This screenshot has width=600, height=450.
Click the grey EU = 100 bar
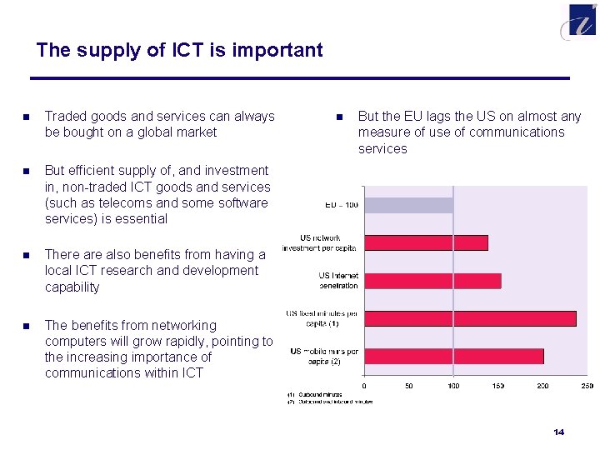click(408, 205)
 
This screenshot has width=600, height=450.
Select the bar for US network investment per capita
click(426, 242)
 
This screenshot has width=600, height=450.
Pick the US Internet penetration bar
click(432, 281)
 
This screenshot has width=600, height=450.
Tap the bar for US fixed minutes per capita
click(470, 318)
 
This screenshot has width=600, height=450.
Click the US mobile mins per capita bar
click(453, 356)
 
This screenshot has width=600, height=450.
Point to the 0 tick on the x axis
click(364, 386)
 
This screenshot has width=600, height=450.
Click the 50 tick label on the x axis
click(408, 386)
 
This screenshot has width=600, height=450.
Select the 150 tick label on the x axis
click(497, 386)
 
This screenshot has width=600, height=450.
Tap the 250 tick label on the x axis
click(586, 386)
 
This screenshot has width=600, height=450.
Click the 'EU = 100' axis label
click(341, 205)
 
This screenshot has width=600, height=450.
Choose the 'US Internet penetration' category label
click(337, 281)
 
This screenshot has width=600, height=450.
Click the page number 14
click(558, 432)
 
